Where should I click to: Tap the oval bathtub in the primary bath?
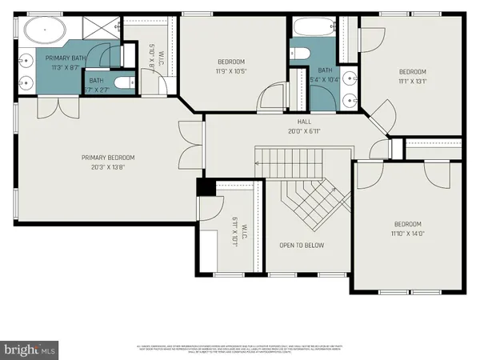44,32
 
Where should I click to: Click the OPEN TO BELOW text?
302,245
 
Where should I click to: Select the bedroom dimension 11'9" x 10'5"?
230,70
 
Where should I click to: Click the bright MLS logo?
30,349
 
